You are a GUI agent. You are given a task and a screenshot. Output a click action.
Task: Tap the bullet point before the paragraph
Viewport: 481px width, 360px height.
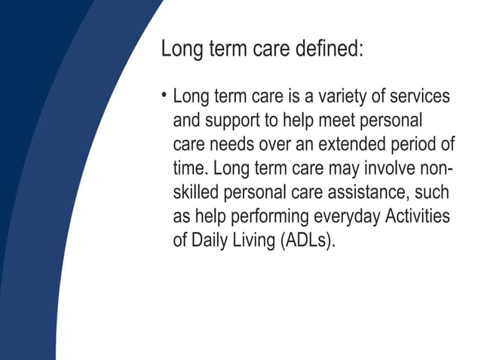pyautogui.click(x=164, y=96)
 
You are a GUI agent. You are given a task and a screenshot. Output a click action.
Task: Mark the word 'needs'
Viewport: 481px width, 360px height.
pyautogui.click(x=233, y=145)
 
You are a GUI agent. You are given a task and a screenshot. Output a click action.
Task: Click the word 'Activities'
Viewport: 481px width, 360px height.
pyautogui.click(x=418, y=217)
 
